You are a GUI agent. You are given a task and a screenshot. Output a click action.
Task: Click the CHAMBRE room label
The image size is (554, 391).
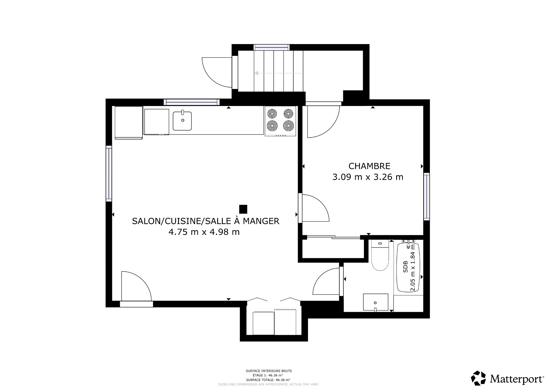(369, 166)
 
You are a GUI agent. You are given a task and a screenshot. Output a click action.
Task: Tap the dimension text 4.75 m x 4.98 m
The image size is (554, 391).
(204, 232)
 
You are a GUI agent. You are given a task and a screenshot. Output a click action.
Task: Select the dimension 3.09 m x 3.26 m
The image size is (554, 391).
(368, 177)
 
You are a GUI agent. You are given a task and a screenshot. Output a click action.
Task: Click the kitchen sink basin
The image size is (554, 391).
(182, 121)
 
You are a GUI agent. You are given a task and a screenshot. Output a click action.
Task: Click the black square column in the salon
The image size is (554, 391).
(243, 209)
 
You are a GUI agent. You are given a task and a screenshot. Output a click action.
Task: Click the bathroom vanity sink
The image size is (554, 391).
(375, 302)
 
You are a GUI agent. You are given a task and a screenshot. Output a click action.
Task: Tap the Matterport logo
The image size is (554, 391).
(508, 378)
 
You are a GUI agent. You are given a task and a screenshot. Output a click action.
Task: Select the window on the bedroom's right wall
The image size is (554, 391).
(426, 197)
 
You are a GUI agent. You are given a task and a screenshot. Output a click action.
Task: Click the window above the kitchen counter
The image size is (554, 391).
(192, 102)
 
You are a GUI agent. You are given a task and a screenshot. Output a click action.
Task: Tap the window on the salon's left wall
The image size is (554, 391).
(109, 173)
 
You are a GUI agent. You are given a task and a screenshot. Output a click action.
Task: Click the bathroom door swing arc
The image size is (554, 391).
(325, 281)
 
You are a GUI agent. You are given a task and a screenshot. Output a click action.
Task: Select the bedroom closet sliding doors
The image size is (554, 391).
(334, 237)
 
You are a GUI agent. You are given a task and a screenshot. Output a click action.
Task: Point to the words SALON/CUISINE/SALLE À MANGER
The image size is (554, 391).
(205, 221)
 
